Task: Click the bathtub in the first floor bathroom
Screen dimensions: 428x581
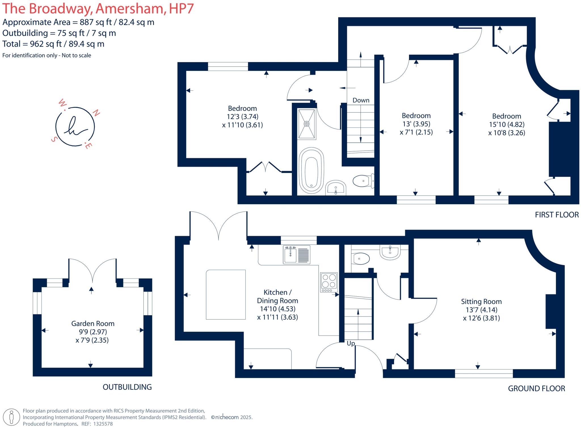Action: pyautogui.click(x=311, y=171)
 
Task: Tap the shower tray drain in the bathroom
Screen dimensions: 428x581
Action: pyautogui.click(x=307, y=124)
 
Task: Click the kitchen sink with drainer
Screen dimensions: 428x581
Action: pyautogui.click(x=297, y=255)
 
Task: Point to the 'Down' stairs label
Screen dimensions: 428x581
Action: pyautogui.click(x=361, y=100)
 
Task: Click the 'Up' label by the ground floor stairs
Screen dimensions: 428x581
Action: pyautogui.click(x=351, y=343)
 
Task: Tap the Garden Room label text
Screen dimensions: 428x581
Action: pyautogui.click(x=93, y=324)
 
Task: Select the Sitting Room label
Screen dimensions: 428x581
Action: pyautogui.click(x=481, y=302)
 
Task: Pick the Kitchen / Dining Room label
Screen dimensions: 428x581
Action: pyautogui.click(x=277, y=296)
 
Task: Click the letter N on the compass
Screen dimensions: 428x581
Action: pyautogui.click(x=96, y=113)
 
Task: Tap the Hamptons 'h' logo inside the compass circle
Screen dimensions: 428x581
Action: pyautogui.click(x=75, y=127)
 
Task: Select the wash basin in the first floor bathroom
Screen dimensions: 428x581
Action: pyautogui.click(x=336, y=188)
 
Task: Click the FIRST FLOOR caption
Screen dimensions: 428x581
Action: pyautogui.click(x=557, y=215)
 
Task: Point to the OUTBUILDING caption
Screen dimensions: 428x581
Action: pyautogui.click(x=127, y=387)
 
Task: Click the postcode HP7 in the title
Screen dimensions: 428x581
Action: pyautogui.click(x=181, y=9)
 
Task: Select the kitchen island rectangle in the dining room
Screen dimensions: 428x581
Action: pyautogui.click(x=226, y=294)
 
